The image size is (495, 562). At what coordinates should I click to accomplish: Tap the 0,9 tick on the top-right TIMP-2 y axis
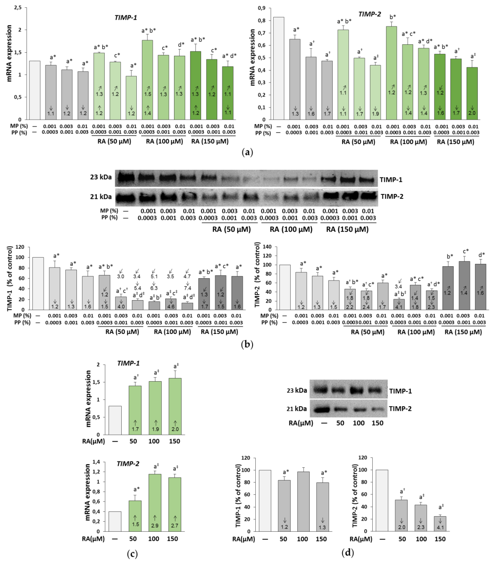261,8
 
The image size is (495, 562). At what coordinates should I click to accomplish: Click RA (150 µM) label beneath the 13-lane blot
347,229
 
